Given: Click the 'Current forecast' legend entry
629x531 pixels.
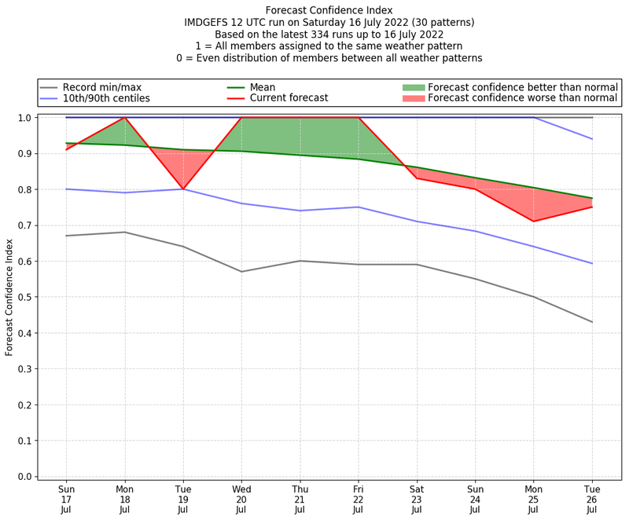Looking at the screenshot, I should (x=289, y=98).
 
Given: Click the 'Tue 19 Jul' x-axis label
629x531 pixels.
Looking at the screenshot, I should (x=183, y=499).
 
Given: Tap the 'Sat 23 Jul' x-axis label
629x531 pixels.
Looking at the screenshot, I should (x=417, y=499).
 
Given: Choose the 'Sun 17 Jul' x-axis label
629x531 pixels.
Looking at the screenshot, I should (x=67, y=499).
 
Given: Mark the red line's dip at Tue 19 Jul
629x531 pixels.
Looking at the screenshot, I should (x=183, y=189).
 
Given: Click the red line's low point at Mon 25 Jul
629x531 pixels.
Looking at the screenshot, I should (x=534, y=222).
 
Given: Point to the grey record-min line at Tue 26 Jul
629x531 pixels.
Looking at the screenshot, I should (x=592, y=322).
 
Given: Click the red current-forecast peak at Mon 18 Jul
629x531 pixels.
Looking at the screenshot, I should (x=125, y=118).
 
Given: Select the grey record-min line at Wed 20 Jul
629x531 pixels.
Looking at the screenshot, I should (x=241, y=272).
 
